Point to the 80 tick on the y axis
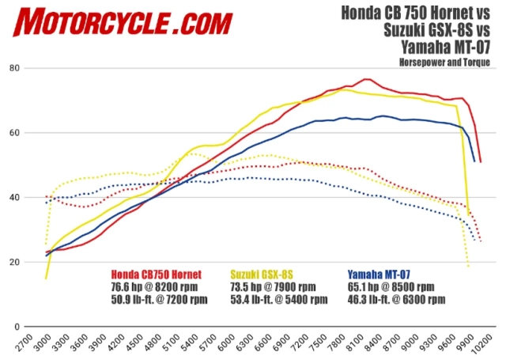point(36,68)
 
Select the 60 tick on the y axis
point(36,133)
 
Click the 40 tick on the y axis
point(36,198)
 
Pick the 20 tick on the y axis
point(36,262)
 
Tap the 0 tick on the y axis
point(38,326)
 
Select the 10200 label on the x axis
point(481,345)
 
